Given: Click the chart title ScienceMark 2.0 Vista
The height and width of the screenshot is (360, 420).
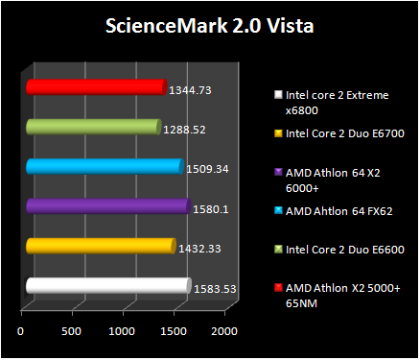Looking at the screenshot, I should coord(209,25).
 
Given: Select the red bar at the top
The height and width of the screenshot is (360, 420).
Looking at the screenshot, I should coord(95,87).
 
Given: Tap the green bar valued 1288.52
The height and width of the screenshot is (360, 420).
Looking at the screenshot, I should coord(92,127).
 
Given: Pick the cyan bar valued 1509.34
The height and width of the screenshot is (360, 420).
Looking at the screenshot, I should coord(104,166).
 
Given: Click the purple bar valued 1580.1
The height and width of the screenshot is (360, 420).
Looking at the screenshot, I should coord(107,205).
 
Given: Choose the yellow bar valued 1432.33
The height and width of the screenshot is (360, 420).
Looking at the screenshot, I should coord(100,246).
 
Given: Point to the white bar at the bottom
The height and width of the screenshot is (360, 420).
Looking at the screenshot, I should coord(107,285).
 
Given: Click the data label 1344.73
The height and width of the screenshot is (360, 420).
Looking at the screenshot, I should coord(190,90).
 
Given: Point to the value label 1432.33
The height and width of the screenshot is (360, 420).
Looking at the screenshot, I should coord(199,248).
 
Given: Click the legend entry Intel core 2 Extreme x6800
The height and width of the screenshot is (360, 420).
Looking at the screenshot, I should coord(331,102).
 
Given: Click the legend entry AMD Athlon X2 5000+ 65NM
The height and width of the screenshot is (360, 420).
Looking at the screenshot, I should coord(337,295).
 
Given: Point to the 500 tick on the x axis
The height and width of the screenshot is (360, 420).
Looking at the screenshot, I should coord(71,331).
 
